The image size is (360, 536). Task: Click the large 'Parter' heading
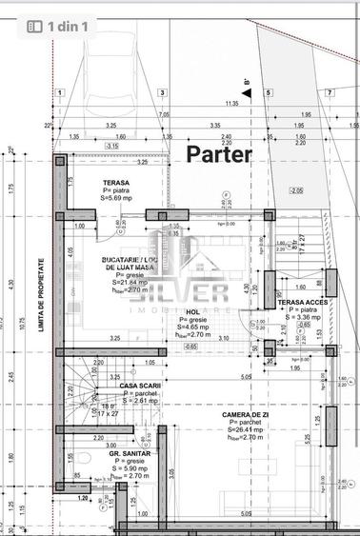coord(219,153)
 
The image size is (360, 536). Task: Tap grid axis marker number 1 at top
coord(59,92)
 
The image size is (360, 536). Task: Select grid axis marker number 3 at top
coord(163,92)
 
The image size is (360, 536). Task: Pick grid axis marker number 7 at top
coord(329,92)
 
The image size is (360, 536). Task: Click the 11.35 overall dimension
coord(231,103)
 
